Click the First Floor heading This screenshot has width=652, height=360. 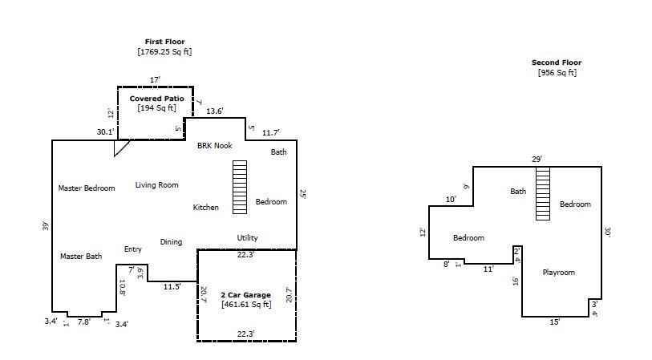coord(164,41)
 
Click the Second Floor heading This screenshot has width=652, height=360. coord(557,63)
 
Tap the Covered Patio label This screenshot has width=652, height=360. coord(157,99)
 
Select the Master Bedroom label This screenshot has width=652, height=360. coord(87,188)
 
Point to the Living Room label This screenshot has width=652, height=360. coord(156,185)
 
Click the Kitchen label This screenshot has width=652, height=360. coord(205,208)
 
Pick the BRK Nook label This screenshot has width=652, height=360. coord(215,145)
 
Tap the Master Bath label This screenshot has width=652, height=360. coord(81,257)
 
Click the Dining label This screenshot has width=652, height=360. coord(171,242)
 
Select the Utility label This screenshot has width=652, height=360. coord(247,238)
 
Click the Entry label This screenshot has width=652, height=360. coord(133,249)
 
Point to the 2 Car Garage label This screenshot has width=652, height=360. coord(245,295)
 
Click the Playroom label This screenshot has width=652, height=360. coord(558,273)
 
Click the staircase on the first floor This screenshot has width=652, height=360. coord(239,187)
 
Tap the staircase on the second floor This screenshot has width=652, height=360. coord(543,192)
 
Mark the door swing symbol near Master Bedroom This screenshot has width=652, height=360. coord(120,148)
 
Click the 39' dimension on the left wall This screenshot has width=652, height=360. coord(46,226)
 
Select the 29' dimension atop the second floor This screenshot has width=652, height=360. coord(537,160)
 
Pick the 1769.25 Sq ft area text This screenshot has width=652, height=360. coord(164,51)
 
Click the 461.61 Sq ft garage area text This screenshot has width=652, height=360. coord(245,305)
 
